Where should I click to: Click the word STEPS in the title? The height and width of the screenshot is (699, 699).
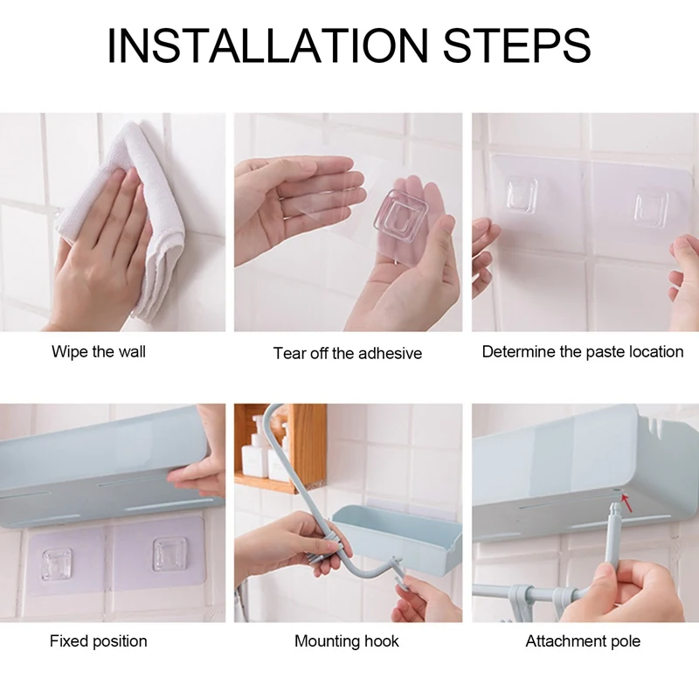(x=515, y=45)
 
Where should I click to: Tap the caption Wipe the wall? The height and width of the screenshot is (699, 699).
(x=99, y=352)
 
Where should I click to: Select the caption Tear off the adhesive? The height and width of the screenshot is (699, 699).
(x=347, y=354)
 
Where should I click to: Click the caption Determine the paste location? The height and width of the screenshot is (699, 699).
(x=583, y=352)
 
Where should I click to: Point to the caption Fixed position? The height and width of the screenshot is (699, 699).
(x=98, y=641)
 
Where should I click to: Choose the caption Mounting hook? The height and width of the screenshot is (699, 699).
(x=347, y=641)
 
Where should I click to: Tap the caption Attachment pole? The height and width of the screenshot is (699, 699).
(x=583, y=641)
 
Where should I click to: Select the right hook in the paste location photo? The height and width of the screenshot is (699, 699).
(x=650, y=206)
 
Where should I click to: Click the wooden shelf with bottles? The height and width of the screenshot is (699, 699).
(x=280, y=454)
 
